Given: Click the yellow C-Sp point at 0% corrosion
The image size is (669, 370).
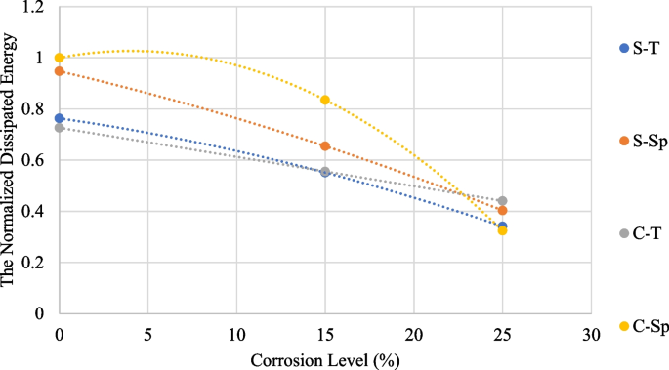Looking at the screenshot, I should tap(60, 58).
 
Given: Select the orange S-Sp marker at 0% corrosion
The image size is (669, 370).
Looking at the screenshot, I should tap(60, 71).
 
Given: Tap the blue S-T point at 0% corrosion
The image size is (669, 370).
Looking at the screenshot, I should tap(60, 118).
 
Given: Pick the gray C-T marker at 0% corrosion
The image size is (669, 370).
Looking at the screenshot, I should tap(60, 128).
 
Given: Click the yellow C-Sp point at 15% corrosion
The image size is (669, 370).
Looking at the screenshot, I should tap(325, 100).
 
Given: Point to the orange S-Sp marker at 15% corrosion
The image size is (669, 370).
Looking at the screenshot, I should tap(325, 146).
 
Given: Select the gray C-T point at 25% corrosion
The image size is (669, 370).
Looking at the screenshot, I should tap(502, 201).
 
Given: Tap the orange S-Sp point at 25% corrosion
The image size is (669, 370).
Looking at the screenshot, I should tap(502, 211).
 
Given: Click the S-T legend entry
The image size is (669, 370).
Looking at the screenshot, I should tap(641, 48).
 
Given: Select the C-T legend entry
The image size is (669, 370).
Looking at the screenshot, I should tap(641, 233).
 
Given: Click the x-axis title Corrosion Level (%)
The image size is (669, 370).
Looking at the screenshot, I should tap(325, 358).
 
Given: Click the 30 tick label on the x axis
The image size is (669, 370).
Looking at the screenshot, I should tap(591, 331).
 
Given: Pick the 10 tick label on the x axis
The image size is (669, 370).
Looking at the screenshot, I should tap(236, 331).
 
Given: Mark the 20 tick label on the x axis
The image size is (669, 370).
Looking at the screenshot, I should tap(413, 331).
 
